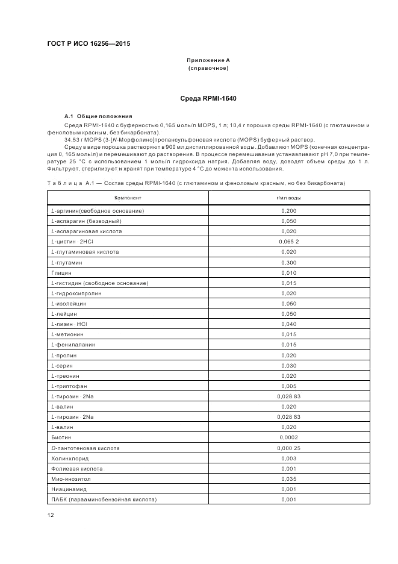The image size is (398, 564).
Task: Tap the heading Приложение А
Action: [208, 60]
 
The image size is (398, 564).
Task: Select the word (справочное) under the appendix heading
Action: [208, 68]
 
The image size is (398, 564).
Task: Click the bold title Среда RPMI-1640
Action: [208, 98]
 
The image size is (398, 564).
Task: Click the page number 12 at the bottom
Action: [51, 515]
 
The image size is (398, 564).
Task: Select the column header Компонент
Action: [128, 197]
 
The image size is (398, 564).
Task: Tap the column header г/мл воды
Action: [289, 197]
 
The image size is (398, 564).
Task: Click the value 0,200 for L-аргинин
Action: [289, 210]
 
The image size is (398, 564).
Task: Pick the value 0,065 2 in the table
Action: [289, 241]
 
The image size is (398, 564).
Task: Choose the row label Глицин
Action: [62, 272]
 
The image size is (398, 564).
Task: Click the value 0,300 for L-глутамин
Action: [289, 262]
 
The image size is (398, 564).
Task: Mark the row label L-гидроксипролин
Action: [76, 293]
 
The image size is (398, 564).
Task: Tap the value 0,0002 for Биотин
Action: [289, 437]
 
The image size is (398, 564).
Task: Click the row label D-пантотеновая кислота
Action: [86, 448]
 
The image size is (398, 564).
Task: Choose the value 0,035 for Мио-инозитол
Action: [289, 479]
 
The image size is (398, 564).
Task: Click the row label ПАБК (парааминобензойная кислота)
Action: [104, 500]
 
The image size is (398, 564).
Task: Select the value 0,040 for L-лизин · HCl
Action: [289, 324]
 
